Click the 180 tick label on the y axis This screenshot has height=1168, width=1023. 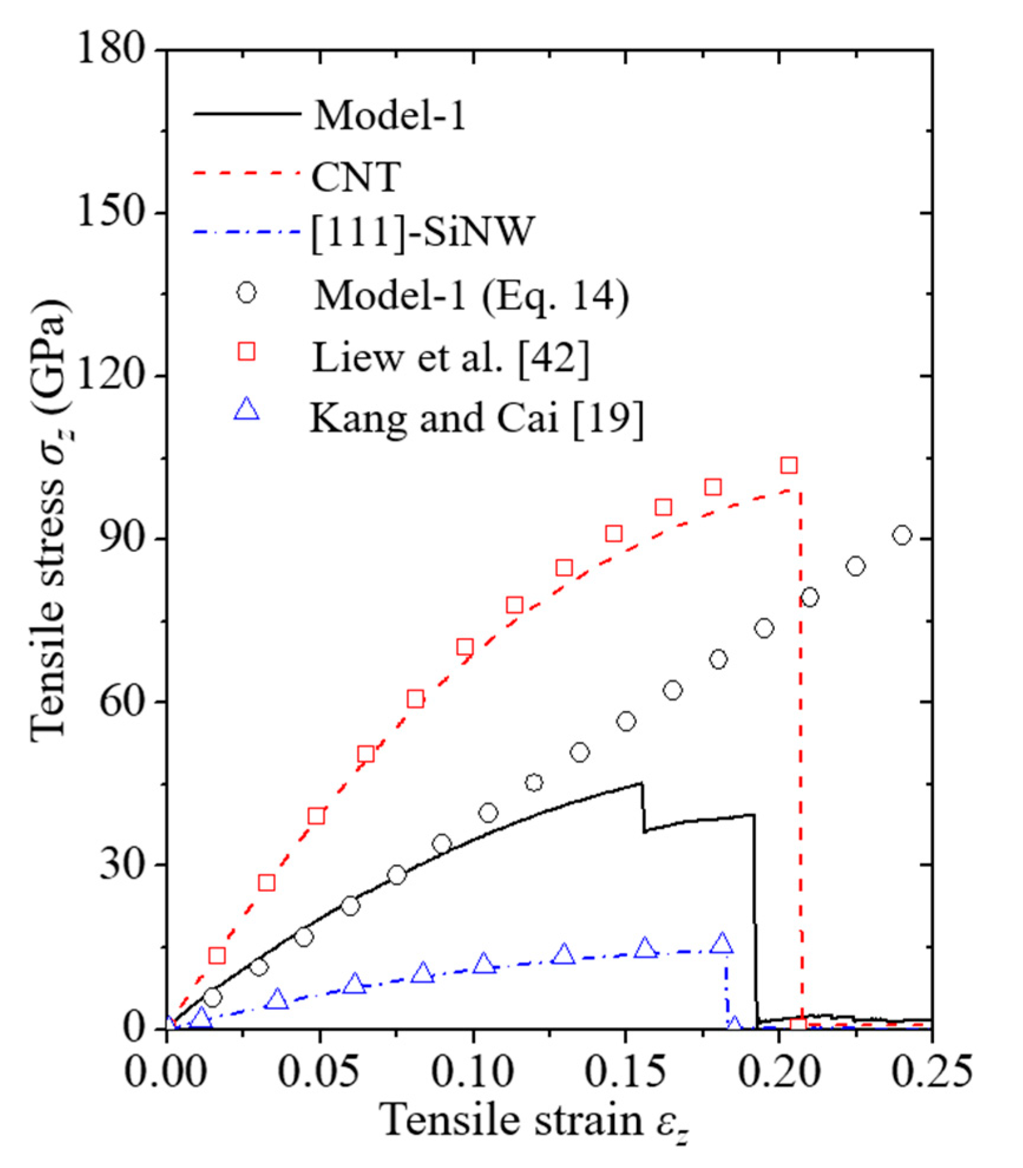click(112, 50)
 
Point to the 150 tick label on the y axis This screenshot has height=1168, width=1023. click(112, 212)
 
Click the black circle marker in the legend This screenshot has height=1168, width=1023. click(246, 293)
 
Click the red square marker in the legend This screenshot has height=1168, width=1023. click(246, 352)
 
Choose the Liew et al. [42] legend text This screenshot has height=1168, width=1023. click(450, 357)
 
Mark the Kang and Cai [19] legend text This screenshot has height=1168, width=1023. click(476, 418)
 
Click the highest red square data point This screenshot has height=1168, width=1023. click(789, 465)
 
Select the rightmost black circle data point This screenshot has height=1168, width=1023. click(902, 535)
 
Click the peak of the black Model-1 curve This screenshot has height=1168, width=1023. click(642, 783)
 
